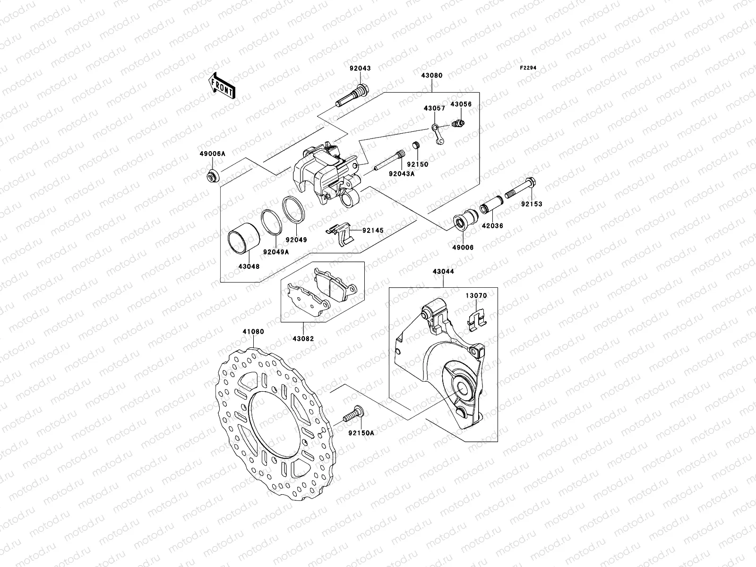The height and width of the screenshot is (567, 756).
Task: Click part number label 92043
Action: click(x=360, y=69)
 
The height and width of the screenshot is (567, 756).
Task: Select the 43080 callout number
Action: click(x=432, y=75)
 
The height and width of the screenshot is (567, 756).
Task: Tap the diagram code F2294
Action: click(x=529, y=68)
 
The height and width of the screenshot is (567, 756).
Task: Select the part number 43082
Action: click(x=303, y=339)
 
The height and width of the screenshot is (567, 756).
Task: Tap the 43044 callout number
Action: click(x=443, y=272)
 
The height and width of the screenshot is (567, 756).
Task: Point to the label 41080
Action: click(x=253, y=332)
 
